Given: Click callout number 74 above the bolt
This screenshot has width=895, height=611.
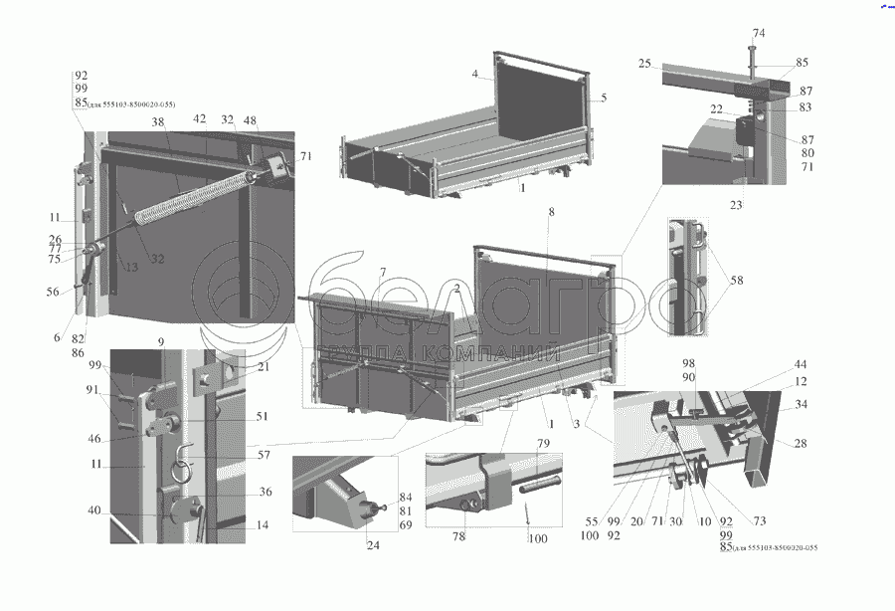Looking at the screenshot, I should [x=759, y=34].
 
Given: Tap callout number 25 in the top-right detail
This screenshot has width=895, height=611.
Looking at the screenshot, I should [x=644, y=64].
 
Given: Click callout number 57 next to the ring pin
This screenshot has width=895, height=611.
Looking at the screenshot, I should [x=263, y=455].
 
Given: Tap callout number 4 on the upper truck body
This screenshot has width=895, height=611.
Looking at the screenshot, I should [x=475, y=75].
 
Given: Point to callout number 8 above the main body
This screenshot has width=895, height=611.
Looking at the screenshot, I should [x=551, y=212].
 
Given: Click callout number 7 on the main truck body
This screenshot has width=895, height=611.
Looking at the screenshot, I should [x=381, y=273].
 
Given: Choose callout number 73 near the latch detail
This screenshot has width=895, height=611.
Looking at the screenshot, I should [x=759, y=521].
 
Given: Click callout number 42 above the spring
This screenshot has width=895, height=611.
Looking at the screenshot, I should [x=199, y=118].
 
